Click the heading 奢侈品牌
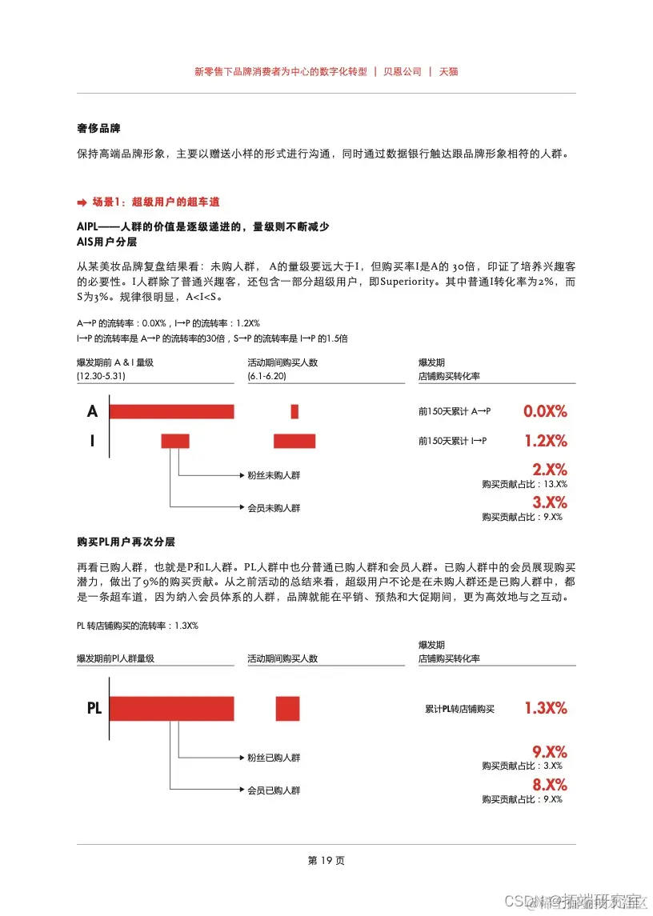point(98,128)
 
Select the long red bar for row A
point(171,411)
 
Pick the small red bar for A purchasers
point(294,411)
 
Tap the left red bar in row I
point(175,440)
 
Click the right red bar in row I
point(294,440)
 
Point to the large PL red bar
point(171,709)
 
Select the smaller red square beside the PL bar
point(287,709)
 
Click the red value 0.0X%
point(545,411)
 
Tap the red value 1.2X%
point(545,440)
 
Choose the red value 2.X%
point(549,470)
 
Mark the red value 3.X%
point(549,502)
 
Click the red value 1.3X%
point(545,708)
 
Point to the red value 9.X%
point(549,751)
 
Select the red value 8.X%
point(549,784)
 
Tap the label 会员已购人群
point(274,790)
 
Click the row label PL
point(94,708)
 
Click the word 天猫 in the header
point(448,71)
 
